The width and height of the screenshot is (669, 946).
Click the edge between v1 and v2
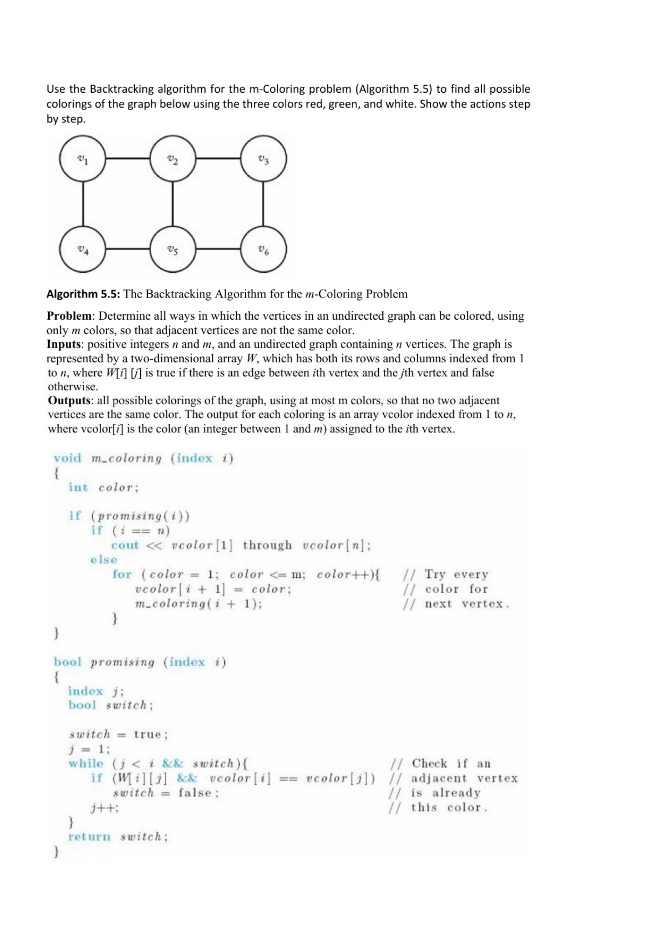(128, 158)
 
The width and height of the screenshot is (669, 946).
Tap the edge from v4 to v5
(128, 249)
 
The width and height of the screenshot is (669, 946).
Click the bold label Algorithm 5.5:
(83, 294)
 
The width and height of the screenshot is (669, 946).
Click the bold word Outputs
(69, 401)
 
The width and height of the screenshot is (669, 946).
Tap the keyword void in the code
(67, 458)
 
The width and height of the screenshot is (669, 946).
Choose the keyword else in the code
(104, 560)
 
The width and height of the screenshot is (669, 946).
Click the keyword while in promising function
(85, 763)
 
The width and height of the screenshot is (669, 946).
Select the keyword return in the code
(89, 837)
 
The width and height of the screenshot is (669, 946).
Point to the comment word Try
(434, 575)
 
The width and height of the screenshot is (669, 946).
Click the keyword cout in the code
(125, 545)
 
